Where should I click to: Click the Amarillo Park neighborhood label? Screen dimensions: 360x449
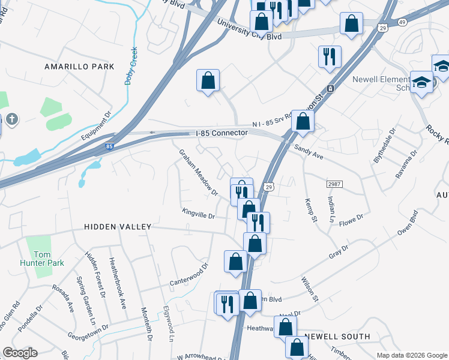click(x=79, y=67)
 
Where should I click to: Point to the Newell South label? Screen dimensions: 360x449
click(x=337, y=337)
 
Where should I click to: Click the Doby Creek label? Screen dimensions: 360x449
click(x=131, y=66)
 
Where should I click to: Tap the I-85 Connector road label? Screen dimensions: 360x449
click(x=221, y=133)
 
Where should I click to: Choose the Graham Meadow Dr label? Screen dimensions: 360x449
click(x=198, y=172)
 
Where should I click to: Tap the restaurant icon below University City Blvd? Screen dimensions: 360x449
click(x=330, y=57)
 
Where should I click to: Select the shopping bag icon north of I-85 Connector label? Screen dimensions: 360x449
click(x=208, y=80)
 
